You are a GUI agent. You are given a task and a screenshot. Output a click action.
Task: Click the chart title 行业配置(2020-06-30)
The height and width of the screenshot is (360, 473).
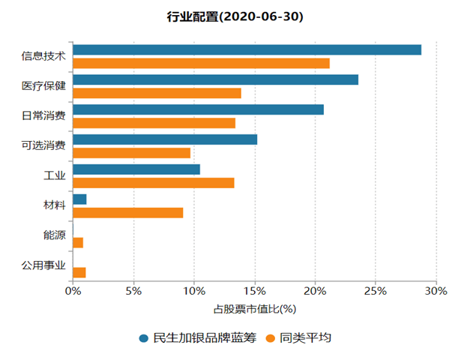(235, 16)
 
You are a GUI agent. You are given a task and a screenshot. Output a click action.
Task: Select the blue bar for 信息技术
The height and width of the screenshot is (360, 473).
(247, 49)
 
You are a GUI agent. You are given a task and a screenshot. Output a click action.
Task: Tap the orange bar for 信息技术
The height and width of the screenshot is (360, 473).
(201, 63)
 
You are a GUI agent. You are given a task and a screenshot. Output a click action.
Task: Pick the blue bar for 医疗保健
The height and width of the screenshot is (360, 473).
(216, 79)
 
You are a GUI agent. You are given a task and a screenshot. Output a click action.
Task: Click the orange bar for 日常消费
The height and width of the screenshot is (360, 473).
(154, 123)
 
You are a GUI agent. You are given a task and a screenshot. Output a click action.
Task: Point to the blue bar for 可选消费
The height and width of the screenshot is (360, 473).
(165, 139)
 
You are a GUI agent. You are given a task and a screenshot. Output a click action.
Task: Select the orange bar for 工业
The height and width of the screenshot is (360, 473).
(154, 182)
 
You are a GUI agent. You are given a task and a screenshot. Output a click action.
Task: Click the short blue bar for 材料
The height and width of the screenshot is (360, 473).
(79, 199)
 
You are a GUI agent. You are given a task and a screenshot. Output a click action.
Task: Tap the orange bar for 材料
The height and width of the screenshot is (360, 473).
(128, 212)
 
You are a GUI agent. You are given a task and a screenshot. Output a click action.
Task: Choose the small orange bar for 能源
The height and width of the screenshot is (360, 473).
(78, 242)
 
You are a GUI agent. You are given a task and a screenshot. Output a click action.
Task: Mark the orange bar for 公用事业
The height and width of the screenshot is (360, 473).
(79, 272)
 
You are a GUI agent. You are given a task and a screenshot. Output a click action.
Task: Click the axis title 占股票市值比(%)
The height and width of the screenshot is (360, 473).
(255, 308)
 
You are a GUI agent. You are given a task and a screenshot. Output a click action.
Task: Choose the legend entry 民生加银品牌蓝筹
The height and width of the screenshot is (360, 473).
(198, 338)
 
